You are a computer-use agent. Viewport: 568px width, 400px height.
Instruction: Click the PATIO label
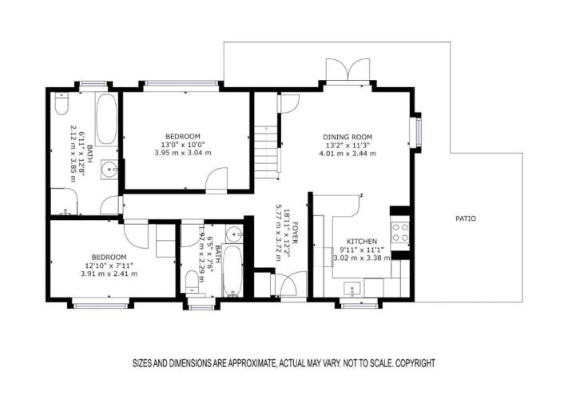pos(466,218)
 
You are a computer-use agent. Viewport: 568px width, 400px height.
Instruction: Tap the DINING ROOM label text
pos(348,137)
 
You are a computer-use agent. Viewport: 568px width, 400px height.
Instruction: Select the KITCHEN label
pos(362,242)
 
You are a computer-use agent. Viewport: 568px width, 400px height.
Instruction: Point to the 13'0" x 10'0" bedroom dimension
pos(183,145)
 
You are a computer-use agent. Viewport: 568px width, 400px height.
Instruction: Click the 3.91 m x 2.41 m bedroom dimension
pos(109,274)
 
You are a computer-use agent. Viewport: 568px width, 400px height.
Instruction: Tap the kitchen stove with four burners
pos(400,233)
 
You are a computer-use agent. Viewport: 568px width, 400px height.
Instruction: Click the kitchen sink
pos(352,289)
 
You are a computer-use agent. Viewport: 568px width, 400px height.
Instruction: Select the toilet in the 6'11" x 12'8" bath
pos(62,103)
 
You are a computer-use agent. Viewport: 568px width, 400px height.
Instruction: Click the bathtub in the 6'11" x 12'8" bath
pos(106,119)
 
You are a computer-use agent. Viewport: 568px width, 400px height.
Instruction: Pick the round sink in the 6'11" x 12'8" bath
pos(109,169)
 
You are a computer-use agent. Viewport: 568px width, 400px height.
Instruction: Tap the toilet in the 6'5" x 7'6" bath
pos(192,282)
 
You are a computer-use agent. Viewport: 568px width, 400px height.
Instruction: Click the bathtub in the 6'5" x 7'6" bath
pos(232,270)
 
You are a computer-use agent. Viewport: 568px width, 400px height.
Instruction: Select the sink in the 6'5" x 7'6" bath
pos(234,234)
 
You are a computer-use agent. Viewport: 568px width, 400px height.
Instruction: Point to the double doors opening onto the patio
pos(348,70)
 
